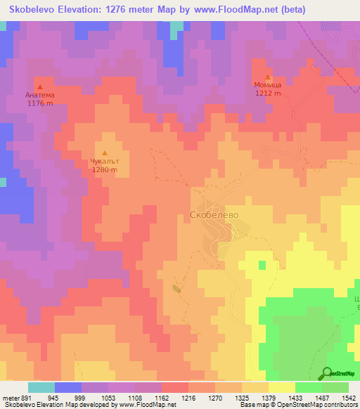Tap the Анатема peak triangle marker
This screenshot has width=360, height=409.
39,86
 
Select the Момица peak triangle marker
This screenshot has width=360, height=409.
268,77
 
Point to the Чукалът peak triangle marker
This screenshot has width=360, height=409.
105,153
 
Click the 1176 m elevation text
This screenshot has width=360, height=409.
39,103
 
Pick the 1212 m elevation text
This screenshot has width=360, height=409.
268,93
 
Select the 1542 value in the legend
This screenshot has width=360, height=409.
348,397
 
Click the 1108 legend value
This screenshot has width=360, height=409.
136,397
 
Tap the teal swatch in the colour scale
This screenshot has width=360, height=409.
41,387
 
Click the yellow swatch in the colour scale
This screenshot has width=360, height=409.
281,387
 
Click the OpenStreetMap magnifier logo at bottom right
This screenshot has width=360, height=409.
326,373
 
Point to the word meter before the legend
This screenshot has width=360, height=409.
9,397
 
